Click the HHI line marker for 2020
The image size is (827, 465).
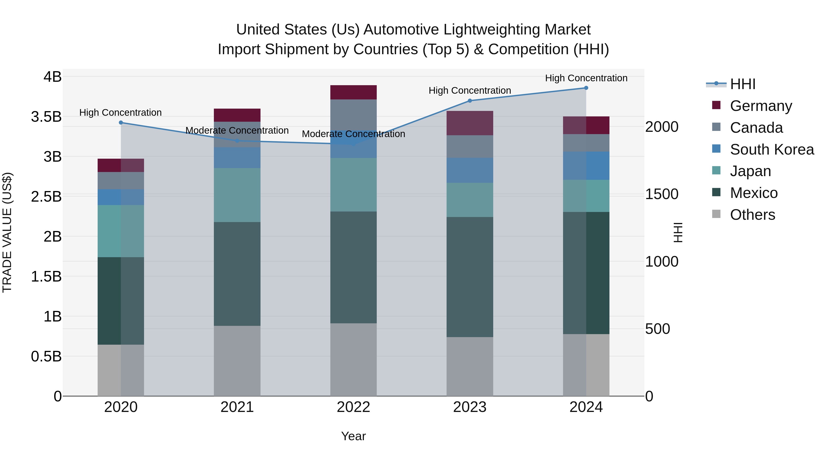coord(121,123)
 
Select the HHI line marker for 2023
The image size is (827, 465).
coord(470,101)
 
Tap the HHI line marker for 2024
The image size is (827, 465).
coord(586,88)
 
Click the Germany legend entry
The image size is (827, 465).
coord(761,106)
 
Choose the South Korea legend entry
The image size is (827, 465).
coord(772,149)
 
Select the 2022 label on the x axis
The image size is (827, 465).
coord(354,407)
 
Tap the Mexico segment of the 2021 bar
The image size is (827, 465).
coord(237,274)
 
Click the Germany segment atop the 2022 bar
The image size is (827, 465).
coord(354,92)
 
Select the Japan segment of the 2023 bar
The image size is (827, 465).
coord(470,200)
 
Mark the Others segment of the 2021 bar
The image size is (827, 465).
coord(237,361)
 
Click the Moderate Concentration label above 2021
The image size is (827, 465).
coord(237,131)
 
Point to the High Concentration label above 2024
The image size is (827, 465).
coord(586,78)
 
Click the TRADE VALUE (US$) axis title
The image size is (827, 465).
coord(7,232)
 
